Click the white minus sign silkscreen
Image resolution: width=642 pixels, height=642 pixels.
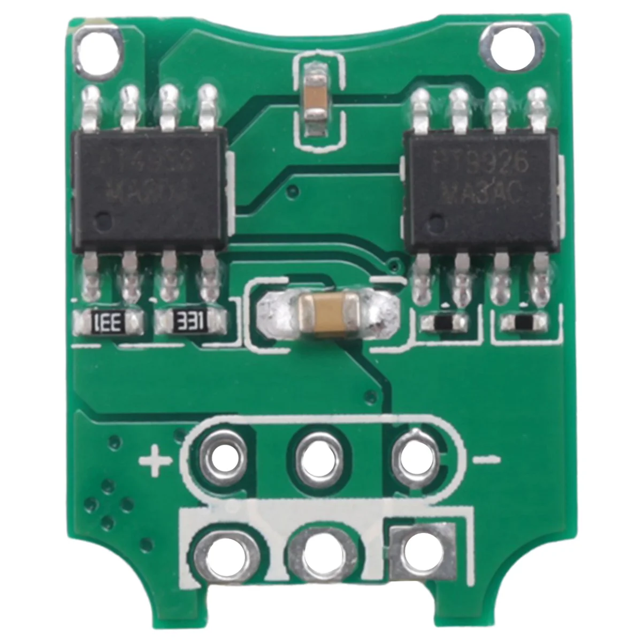487,459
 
